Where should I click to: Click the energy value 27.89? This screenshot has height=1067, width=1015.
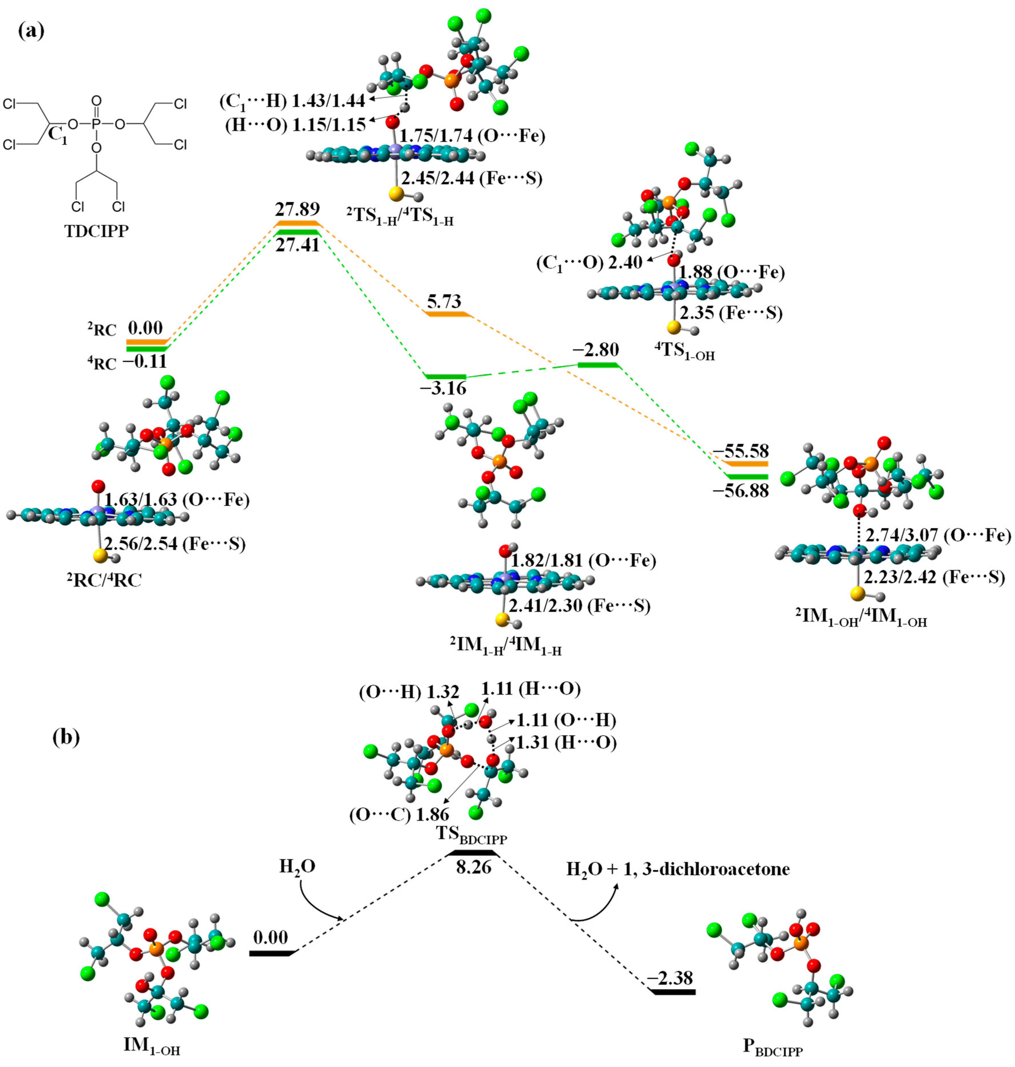[297, 209]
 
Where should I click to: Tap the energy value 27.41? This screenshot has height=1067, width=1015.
[297, 245]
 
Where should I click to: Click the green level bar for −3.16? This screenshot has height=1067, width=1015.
[445, 376]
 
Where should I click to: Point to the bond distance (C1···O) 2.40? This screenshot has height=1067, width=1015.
[590, 263]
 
